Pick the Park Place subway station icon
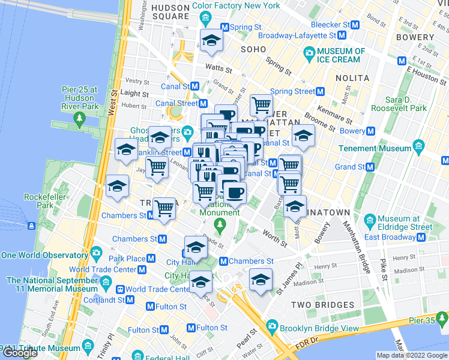[x=151, y=259]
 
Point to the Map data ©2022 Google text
[x=412, y=355]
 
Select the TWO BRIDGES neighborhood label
[x=316, y=305]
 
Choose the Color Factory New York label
[x=236, y=5]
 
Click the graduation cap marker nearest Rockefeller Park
[x=116, y=187]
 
